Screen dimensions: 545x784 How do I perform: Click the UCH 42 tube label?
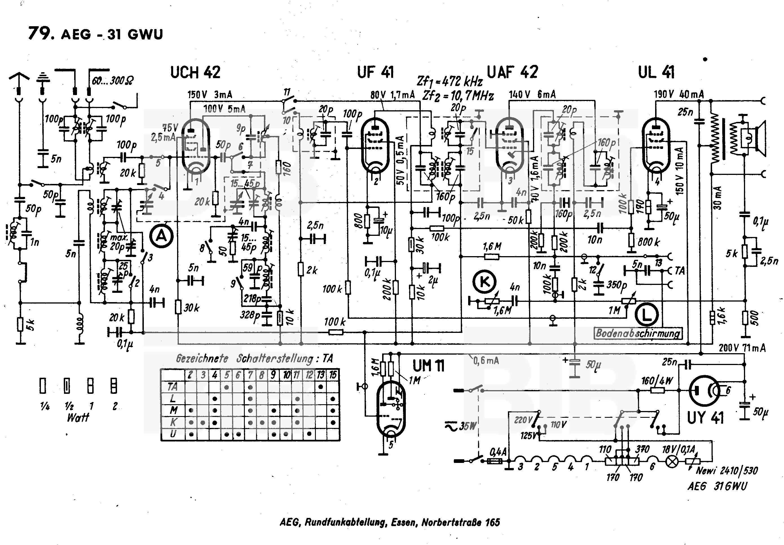pyautogui.click(x=195, y=72)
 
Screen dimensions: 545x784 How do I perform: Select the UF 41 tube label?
pyautogui.click(x=375, y=72)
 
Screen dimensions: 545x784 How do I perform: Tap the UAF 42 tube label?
pyautogui.click(x=512, y=72)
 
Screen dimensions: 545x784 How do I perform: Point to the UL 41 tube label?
pyautogui.click(x=656, y=72)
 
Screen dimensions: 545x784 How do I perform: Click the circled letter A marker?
pyautogui.click(x=161, y=236)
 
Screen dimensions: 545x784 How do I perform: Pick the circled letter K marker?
pyautogui.click(x=484, y=282)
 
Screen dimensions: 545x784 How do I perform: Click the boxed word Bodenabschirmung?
pyautogui.click(x=638, y=333)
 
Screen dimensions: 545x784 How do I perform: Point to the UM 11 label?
pyautogui.click(x=428, y=366)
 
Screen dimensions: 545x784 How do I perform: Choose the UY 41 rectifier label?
pyautogui.click(x=705, y=417)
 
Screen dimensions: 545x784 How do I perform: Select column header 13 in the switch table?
pyautogui.click(x=320, y=375)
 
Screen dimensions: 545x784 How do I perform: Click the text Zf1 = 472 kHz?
pyautogui.click(x=450, y=81)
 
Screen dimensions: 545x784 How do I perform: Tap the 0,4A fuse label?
pyautogui.click(x=498, y=452)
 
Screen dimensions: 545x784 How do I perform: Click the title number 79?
pyautogui.click(x=41, y=34)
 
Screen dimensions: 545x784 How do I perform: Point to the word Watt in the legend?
pyautogui.click(x=78, y=417)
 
